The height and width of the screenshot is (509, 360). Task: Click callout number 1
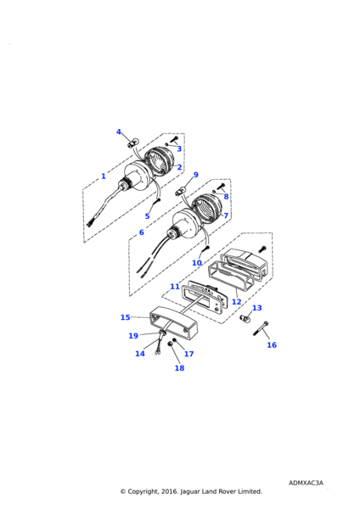(104, 176)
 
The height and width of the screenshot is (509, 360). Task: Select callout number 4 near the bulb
(119, 131)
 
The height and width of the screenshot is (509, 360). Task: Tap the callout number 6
(141, 232)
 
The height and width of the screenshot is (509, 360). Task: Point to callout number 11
(175, 287)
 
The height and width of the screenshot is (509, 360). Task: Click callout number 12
(237, 302)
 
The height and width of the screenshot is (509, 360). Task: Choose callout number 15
(126, 317)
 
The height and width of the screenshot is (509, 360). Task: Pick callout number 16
(272, 344)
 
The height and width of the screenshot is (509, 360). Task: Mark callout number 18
(179, 368)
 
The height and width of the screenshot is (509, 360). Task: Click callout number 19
(133, 336)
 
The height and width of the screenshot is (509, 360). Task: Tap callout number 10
(197, 263)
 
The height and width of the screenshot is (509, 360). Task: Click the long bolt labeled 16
(261, 327)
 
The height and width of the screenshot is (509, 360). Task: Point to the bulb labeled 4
(132, 143)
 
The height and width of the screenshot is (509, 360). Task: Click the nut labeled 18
(170, 344)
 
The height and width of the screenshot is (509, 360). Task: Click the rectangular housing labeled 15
(173, 322)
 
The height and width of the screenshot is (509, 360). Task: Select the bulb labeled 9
(180, 190)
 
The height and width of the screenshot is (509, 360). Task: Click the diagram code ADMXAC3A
(306, 483)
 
